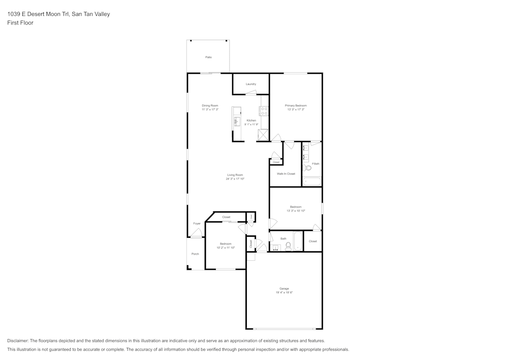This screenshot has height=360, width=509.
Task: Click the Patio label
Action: tap(208, 57)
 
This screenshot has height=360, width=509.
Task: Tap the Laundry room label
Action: tap(250, 84)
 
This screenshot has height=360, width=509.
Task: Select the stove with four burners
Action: tap(264, 111)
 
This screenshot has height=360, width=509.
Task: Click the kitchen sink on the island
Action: tap(237, 121)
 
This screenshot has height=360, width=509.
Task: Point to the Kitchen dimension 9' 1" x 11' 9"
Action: tap(251, 124)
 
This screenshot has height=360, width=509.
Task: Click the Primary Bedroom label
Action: tap(296, 105)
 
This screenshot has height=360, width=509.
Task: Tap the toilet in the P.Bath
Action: tap(307, 168)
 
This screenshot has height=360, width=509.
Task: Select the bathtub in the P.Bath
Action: tap(312, 181)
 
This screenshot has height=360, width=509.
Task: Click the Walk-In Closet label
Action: tap(286, 174)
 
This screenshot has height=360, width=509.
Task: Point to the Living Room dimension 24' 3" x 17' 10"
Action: tap(235, 179)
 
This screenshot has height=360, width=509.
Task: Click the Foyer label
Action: tap(196, 224)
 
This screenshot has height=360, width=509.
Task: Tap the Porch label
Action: tap(195, 254)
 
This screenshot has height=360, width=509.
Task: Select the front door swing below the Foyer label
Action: tap(196, 233)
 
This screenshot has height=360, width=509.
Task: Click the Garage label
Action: tap(284, 289)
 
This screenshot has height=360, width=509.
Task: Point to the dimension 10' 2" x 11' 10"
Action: tap(225, 247)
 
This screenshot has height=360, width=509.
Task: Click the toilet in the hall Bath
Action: tap(288, 246)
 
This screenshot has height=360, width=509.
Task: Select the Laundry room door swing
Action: tap(250, 92)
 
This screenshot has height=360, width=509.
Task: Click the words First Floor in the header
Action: tap(20, 23)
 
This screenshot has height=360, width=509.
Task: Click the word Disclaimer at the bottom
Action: tap(18, 341)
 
